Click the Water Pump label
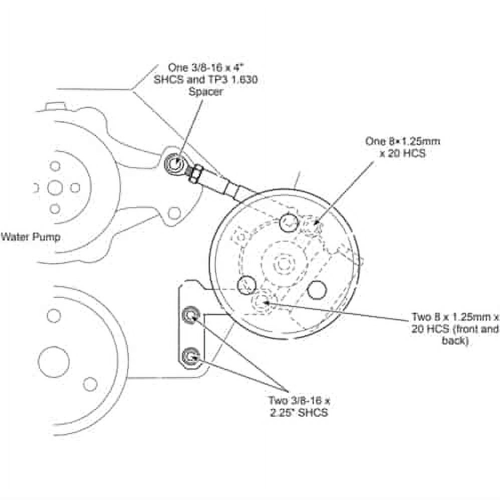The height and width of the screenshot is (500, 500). pos(30,236)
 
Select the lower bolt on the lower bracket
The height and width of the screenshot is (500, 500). pos(191,356)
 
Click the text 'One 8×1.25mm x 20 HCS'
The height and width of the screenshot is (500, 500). pos(402,147)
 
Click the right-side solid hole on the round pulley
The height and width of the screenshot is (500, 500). pos(317,290)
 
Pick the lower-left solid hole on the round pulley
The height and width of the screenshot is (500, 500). pos(246,285)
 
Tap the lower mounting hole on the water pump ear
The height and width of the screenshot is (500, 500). pos(174,213)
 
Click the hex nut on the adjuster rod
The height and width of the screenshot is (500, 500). pos(194,173)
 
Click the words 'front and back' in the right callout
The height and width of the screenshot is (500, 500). pos(466,335)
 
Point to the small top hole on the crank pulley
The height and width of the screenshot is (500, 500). pos(54,316)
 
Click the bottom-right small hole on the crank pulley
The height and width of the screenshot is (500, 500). pos(90,384)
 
